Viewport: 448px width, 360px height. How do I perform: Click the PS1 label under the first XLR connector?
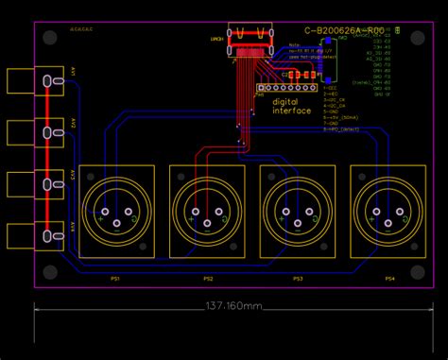pyautogui.click(x=117, y=279)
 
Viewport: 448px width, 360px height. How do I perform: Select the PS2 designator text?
pyautogui.click(x=208, y=279)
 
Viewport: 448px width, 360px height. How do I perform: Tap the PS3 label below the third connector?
pyautogui.click(x=298, y=279)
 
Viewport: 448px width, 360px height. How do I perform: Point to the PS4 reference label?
pyautogui.click(x=388, y=279)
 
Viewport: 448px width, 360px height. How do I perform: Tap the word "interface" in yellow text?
pyautogui.click(x=291, y=111)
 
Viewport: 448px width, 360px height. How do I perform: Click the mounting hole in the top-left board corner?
pyautogui.click(x=48, y=37)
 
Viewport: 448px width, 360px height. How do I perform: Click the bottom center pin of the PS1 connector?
pyautogui.click(x=117, y=224)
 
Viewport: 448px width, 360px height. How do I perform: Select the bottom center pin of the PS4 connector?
pyautogui.click(x=388, y=224)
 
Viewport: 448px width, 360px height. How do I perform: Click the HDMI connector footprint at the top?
pyautogui.click(x=251, y=38)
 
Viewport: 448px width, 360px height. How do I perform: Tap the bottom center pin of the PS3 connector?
pyautogui.click(x=298, y=224)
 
